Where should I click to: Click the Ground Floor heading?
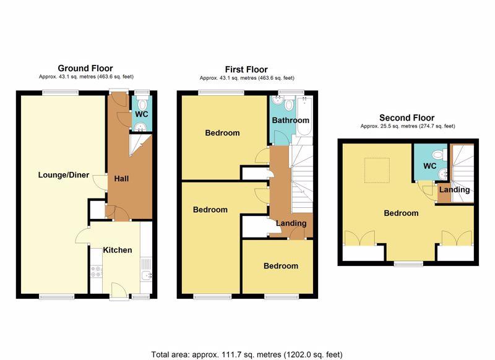(85, 68)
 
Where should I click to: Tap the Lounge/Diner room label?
(64, 175)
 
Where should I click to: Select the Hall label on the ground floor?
(121, 179)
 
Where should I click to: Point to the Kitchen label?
(118, 250)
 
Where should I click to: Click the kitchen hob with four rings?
(97, 272)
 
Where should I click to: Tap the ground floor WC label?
(142, 114)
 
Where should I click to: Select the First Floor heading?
(246, 69)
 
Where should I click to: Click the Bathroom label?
(290, 120)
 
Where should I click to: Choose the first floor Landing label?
(291, 223)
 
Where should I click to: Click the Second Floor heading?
(407, 118)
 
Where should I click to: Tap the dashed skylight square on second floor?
(377, 170)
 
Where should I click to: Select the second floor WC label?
(429, 166)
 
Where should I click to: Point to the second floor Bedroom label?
(401, 213)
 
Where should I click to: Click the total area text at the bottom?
(247, 354)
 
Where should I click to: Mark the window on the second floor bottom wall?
(408, 264)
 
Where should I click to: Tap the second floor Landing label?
(455, 190)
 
